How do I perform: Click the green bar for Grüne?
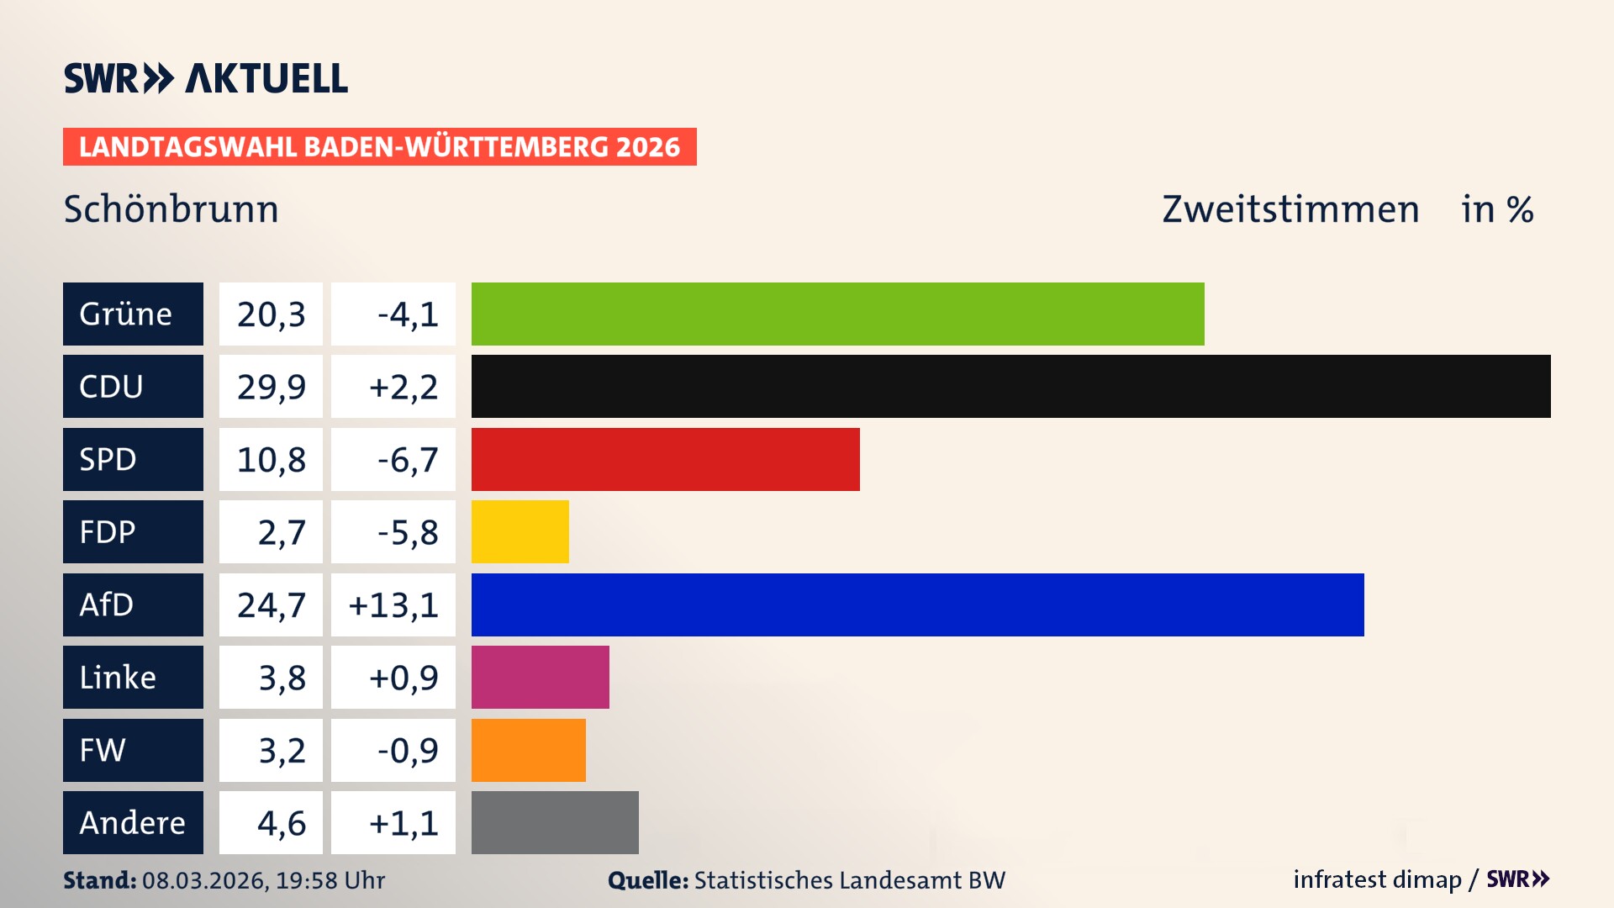[x=837, y=314]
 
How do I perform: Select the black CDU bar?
[x=1010, y=386]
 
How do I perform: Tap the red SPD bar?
[x=665, y=459]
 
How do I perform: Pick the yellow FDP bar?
[x=520, y=531]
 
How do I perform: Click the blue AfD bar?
[x=917, y=604]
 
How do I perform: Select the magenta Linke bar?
[x=540, y=677]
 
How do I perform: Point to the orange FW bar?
[x=528, y=750]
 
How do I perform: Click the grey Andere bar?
[x=555, y=822]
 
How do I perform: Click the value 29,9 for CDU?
[x=271, y=387]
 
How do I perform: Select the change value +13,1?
[x=393, y=604]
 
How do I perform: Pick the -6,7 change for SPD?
[x=407, y=459]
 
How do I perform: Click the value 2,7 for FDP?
[x=281, y=532]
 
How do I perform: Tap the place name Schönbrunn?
[x=171, y=209]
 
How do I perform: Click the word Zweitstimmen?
[x=1290, y=209]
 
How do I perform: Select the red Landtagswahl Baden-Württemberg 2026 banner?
[x=379, y=146]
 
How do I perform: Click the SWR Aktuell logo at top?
[x=206, y=78]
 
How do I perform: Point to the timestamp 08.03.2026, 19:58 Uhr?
[x=263, y=880]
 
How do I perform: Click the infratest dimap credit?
[x=1377, y=879]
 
